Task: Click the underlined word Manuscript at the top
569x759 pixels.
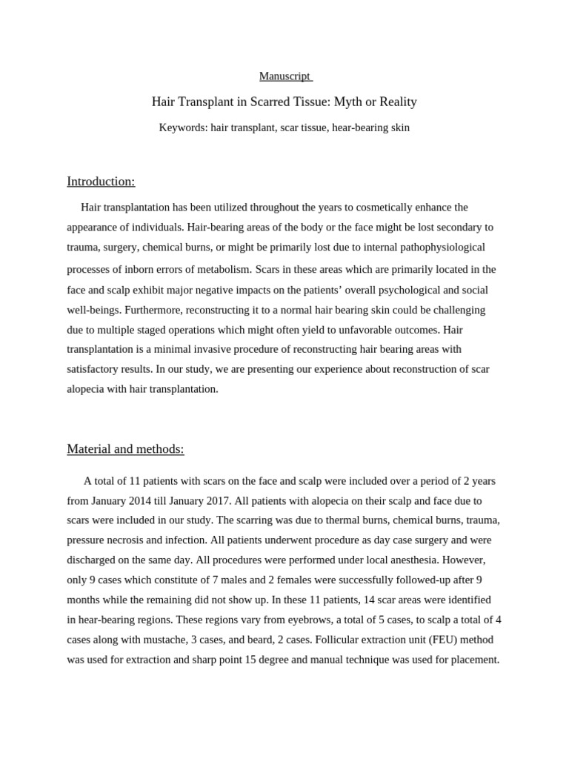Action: [285, 76]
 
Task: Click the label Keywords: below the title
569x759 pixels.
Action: [183, 127]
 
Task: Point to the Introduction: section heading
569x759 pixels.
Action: [101, 182]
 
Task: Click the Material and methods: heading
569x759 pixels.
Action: [125, 448]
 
